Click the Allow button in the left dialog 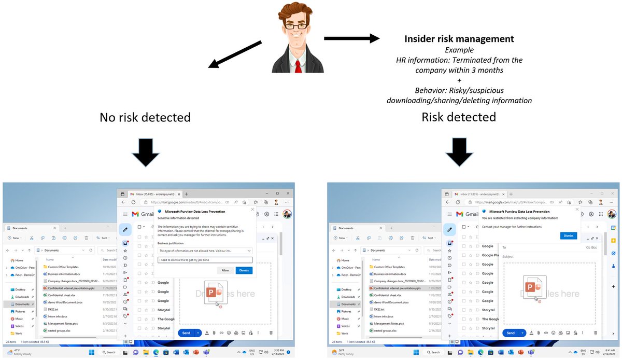pyautogui.click(x=225, y=270)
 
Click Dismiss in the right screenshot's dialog pyautogui.click(x=568, y=236)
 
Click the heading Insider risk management pyautogui.click(x=459, y=39)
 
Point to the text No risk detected pyautogui.click(x=145, y=117)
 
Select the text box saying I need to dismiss pyautogui.click(x=205, y=260)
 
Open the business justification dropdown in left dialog pyautogui.click(x=205, y=251)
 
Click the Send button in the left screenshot pyautogui.click(x=186, y=333)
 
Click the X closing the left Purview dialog pyautogui.click(x=252, y=210)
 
